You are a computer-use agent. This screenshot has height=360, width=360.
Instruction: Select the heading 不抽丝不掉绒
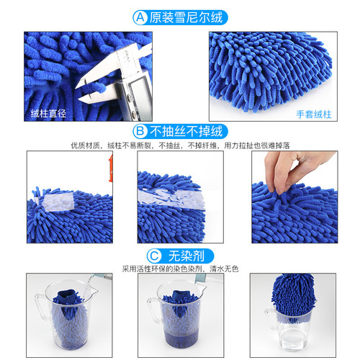pos(184,132)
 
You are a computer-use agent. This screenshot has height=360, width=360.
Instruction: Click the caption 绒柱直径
pos(48,112)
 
